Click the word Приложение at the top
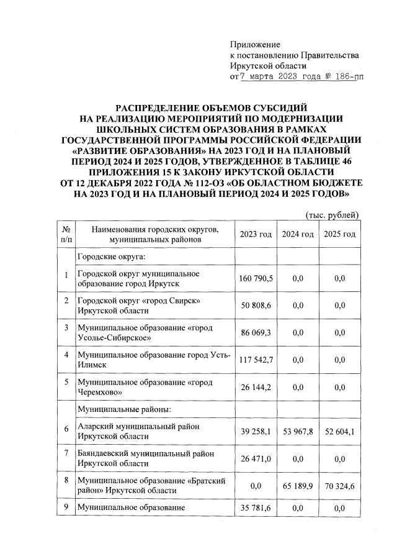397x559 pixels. pyautogui.click(x=255, y=44)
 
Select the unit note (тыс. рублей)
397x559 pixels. pyautogui.click(x=332, y=215)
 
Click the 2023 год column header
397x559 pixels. pyautogui.click(x=256, y=234)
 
